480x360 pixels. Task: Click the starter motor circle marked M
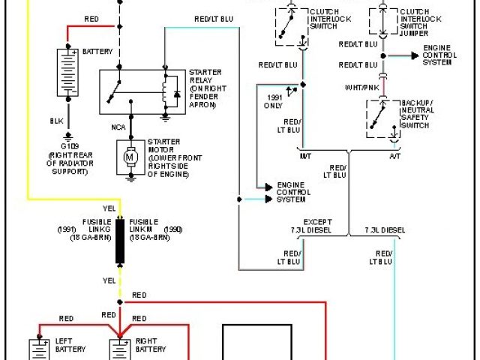coord(130,157)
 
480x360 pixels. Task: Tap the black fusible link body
coord(119,241)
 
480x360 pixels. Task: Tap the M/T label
coord(305,155)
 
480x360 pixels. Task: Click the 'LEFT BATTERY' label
coord(70,345)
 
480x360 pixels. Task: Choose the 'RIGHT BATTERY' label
coord(151,345)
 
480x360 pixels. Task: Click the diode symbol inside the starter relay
coord(176,94)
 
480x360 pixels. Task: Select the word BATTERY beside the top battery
coord(97,51)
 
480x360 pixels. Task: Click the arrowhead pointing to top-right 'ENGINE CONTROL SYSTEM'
coord(415,56)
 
